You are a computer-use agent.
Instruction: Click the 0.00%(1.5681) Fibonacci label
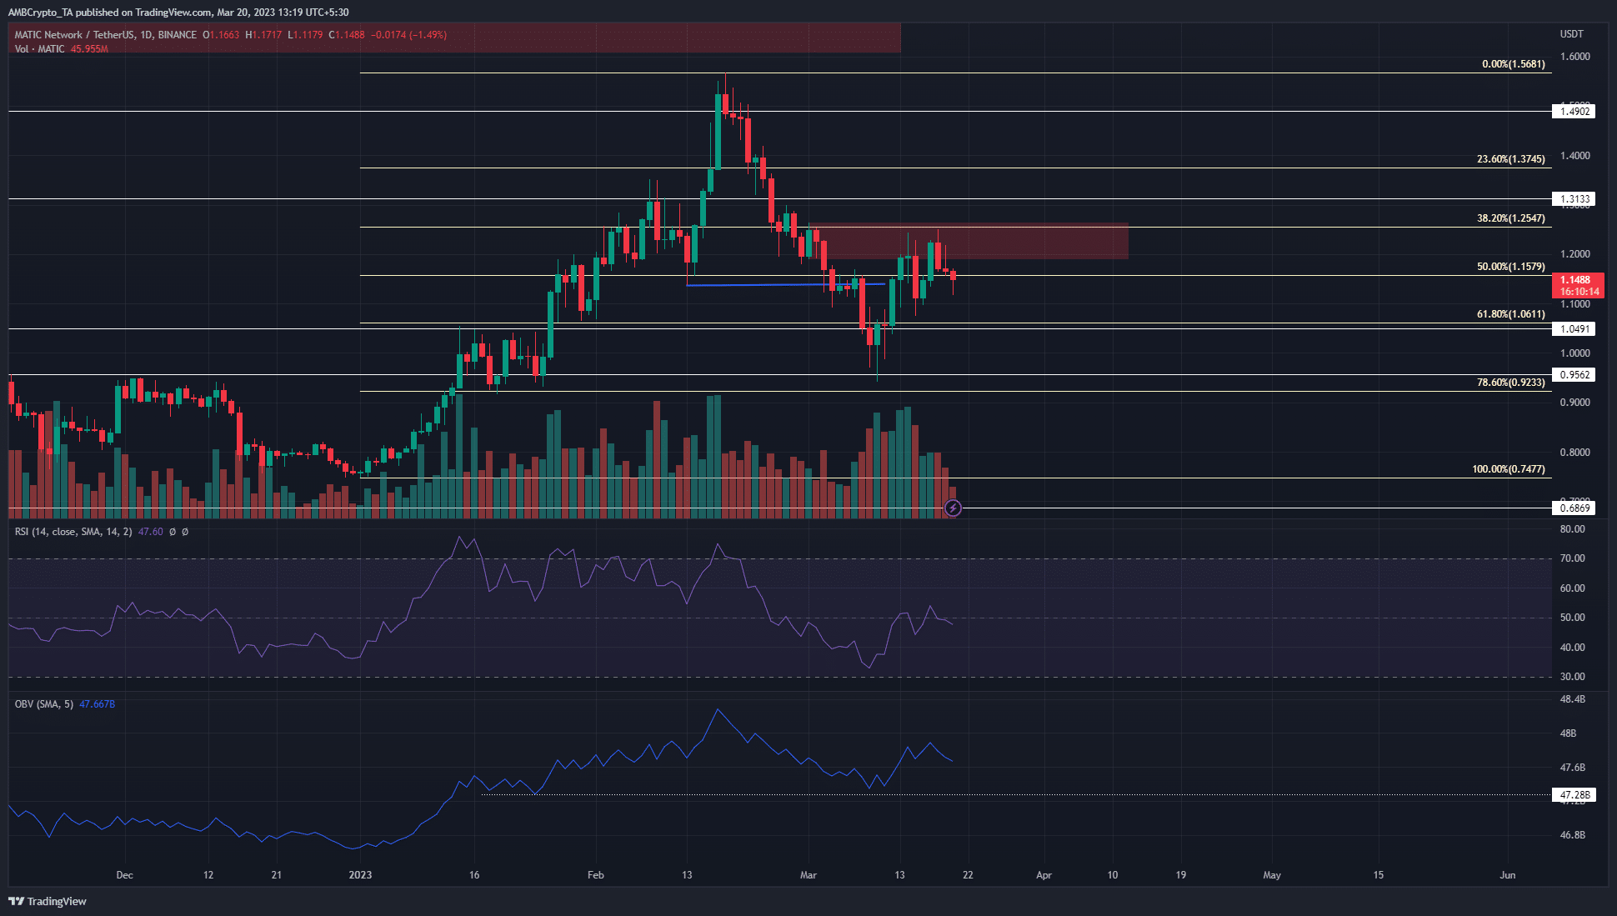tap(1513, 64)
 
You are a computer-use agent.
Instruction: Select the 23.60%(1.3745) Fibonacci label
tap(1510, 159)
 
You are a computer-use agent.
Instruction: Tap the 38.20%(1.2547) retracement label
tap(1510, 218)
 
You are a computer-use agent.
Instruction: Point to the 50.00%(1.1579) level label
tap(1510, 267)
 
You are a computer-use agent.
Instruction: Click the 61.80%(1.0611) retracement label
tap(1510, 314)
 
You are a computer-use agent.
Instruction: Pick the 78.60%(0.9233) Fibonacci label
tap(1510, 383)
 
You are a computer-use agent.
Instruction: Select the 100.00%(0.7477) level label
tap(1508, 469)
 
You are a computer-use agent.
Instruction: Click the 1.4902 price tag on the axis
tap(1574, 112)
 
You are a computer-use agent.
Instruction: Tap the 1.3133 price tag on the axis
tap(1574, 199)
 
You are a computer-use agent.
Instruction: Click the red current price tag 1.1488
tap(1577, 281)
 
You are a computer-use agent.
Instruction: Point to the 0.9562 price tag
tap(1574, 375)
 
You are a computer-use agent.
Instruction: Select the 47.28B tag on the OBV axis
tap(1574, 795)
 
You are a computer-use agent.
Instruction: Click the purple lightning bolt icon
tap(953, 508)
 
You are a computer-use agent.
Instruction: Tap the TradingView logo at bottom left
tap(48, 901)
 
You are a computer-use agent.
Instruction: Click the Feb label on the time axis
tap(595, 875)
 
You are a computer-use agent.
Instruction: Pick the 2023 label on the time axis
tap(360, 875)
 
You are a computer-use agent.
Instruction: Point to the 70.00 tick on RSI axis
tap(1572, 558)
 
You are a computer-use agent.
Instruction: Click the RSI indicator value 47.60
tap(151, 532)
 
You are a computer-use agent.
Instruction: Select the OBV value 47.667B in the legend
tap(98, 704)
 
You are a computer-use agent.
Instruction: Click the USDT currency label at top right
tap(1571, 34)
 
